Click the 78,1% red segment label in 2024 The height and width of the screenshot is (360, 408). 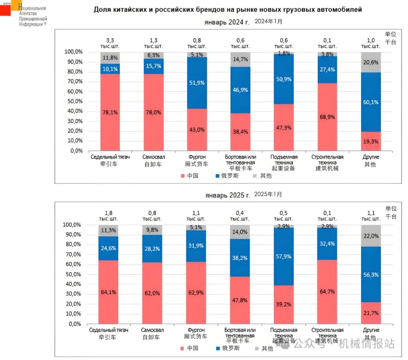110,112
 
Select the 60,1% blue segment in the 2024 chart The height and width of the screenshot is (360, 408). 370,102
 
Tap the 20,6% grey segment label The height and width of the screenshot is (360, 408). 370,62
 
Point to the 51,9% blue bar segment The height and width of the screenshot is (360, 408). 197,83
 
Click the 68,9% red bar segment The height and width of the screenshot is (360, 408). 327,117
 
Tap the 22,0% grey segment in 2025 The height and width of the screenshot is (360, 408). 370,236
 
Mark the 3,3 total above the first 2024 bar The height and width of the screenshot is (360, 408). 110,40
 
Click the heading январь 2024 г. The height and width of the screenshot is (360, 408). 227,22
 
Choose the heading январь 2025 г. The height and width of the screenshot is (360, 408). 227,195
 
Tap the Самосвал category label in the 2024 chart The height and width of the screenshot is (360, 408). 153,157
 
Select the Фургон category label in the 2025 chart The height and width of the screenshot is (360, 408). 197,330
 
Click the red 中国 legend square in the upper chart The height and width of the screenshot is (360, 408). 183,176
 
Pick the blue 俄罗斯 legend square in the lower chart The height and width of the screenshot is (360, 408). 218,348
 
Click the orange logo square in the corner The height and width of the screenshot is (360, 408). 16,5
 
